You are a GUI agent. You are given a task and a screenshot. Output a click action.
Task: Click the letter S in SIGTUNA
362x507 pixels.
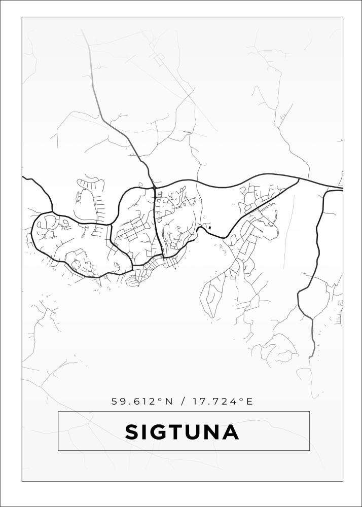(133, 432)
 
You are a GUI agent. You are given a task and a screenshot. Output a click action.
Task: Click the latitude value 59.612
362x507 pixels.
(134, 402)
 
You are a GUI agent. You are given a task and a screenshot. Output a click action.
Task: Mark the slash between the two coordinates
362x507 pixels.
(183, 402)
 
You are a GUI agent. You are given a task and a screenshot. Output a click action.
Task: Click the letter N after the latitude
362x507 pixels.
(169, 402)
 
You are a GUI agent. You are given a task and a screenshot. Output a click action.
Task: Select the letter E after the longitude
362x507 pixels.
(249, 402)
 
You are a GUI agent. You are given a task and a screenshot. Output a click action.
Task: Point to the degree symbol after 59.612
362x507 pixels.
(160, 400)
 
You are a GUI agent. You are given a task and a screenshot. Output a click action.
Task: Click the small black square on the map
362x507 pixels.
(209, 228)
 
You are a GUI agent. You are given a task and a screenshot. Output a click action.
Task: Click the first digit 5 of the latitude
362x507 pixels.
(115, 402)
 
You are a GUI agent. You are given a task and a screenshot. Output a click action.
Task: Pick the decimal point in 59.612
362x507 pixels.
(130, 404)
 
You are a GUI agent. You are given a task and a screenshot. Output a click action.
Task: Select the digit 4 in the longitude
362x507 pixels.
(235, 402)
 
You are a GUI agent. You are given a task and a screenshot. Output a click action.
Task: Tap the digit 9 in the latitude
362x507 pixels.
(123, 402)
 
